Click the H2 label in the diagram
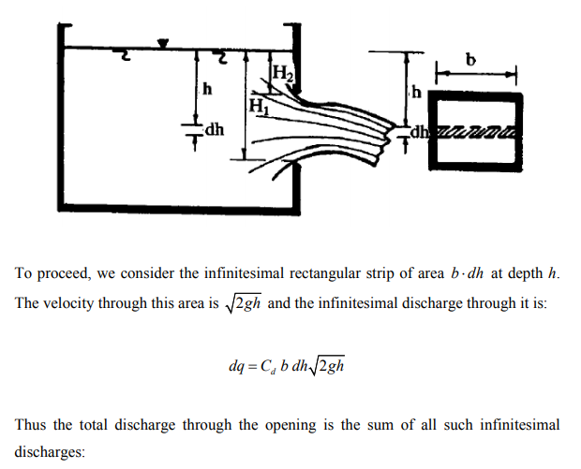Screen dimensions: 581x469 coord(283,73)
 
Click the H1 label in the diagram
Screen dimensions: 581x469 coord(260,106)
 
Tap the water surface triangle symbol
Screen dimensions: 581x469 coord(163,43)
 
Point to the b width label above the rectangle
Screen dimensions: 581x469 coord(470,60)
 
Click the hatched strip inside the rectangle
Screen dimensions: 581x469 coord(476,131)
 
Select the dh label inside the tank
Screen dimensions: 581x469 coord(215,130)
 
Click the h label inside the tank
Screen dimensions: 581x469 coord(207,89)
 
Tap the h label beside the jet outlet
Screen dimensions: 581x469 coord(417,92)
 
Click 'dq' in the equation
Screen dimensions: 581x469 coord(236,366)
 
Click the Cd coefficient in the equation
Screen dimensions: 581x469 coord(268,366)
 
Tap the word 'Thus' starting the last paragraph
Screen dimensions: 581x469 coord(30,424)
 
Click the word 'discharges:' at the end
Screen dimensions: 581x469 coord(50,451)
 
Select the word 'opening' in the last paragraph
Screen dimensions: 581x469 coord(290,425)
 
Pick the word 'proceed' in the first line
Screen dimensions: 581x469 coord(64,274)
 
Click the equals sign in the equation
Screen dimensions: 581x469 coord(252,367)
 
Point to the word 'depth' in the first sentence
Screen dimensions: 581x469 coord(525,274)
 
